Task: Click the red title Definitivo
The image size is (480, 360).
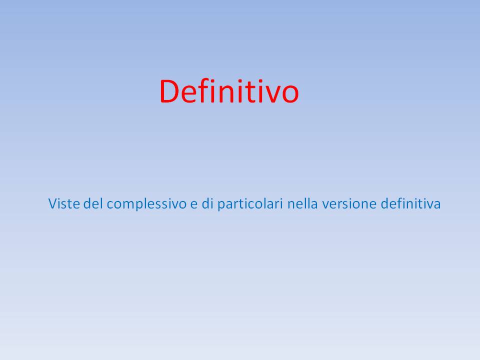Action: pyautogui.click(x=229, y=91)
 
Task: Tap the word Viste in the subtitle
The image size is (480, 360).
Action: pyautogui.click(x=64, y=203)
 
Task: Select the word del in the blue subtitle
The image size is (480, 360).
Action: pyautogui.click(x=93, y=203)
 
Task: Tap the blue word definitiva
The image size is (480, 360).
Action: pyautogui.click(x=410, y=203)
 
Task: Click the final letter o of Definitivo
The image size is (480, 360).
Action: pyautogui.click(x=289, y=95)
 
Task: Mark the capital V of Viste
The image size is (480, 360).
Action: pyautogui.click(x=52, y=204)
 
